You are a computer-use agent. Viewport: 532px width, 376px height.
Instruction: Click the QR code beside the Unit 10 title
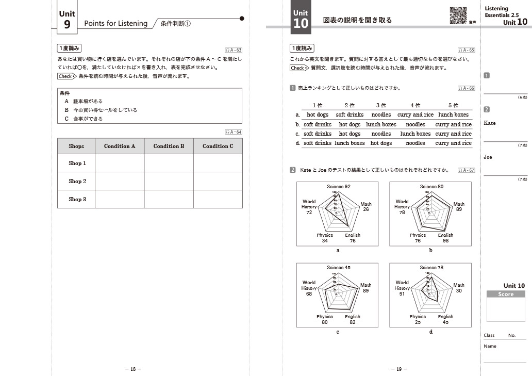pyautogui.click(x=458, y=15)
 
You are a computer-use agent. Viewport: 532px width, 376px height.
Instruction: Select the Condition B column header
pyautogui.click(x=169, y=146)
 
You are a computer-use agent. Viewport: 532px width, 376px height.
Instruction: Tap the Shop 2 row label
pyautogui.click(x=77, y=181)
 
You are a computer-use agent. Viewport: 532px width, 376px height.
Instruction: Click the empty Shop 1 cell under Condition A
pyautogui.click(x=120, y=163)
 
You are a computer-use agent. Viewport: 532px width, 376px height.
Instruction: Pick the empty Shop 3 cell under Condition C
pyautogui.click(x=218, y=199)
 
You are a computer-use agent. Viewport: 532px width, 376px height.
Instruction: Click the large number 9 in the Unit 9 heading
pyautogui.click(x=67, y=24)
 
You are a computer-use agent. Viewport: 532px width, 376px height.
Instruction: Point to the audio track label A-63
pyautogui.click(x=234, y=50)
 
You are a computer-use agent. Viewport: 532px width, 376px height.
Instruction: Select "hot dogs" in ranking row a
pyautogui.click(x=318, y=115)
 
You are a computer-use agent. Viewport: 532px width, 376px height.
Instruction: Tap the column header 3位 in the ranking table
pyautogui.click(x=381, y=105)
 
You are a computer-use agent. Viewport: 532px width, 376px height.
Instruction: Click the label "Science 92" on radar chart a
pyautogui.click(x=338, y=186)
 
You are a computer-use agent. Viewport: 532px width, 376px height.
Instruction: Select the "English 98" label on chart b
pyautogui.click(x=445, y=238)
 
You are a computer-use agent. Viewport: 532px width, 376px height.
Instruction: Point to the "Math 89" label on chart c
pyautogui.click(x=365, y=288)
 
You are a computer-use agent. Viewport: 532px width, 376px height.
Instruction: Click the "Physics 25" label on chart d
pyautogui.click(x=418, y=319)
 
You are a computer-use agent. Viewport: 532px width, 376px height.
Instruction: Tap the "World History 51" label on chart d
pyautogui.click(x=402, y=288)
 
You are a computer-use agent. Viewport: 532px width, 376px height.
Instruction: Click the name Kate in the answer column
pyautogui.click(x=490, y=123)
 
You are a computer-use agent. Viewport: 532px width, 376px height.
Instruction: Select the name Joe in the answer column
pyautogui.click(x=488, y=157)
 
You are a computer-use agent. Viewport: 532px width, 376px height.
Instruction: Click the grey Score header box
pyautogui.click(x=506, y=294)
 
